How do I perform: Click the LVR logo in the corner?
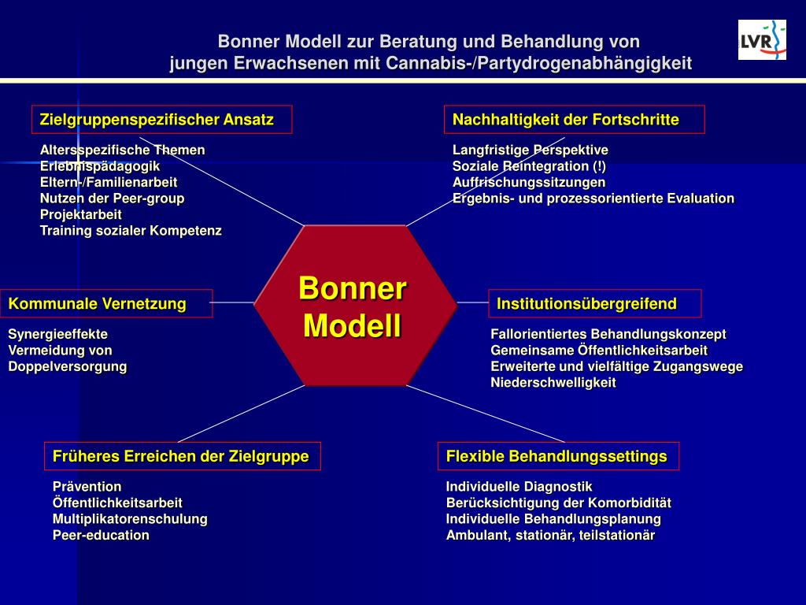pyautogui.click(x=762, y=39)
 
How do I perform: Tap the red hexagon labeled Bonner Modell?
pyautogui.click(x=353, y=306)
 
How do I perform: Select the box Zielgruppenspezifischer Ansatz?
pyautogui.click(x=161, y=120)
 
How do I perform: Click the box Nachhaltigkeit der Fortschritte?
pyautogui.click(x=574, y=120)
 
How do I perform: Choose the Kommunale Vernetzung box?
pyautogui.click(x=106, y=303)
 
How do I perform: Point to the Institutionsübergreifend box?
pyautogui.click(x=595, y=303)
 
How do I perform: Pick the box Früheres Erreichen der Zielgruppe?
pyautogui.click(x=181, y=456)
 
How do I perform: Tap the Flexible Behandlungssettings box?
pyautogui.click(x=557, y=456)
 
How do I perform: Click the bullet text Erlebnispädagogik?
pyautogui.click(x=100, y=166)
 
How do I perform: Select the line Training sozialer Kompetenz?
pyautogui.click(x=131, y=231)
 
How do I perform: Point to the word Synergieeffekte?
pyautogui.click(x=58, y=334)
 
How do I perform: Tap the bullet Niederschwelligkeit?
pyautogui.click(x=553, y=383)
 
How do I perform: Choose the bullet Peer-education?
pyautogui.click(x=101, y=536)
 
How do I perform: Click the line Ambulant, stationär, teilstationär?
pyautogui.click(x=550, y=536)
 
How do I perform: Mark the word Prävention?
pyautogui.click(x=87, y=487)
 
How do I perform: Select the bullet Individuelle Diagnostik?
pyautogui.click(x=519, y=487)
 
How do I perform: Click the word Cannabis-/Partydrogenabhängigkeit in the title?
pyautogui.click(x=538, y=64)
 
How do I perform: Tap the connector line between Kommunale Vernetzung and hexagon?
pyautogui.click(x=233, y=302)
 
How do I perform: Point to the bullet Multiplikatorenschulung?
pyautogui.click(x=130, y=519)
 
